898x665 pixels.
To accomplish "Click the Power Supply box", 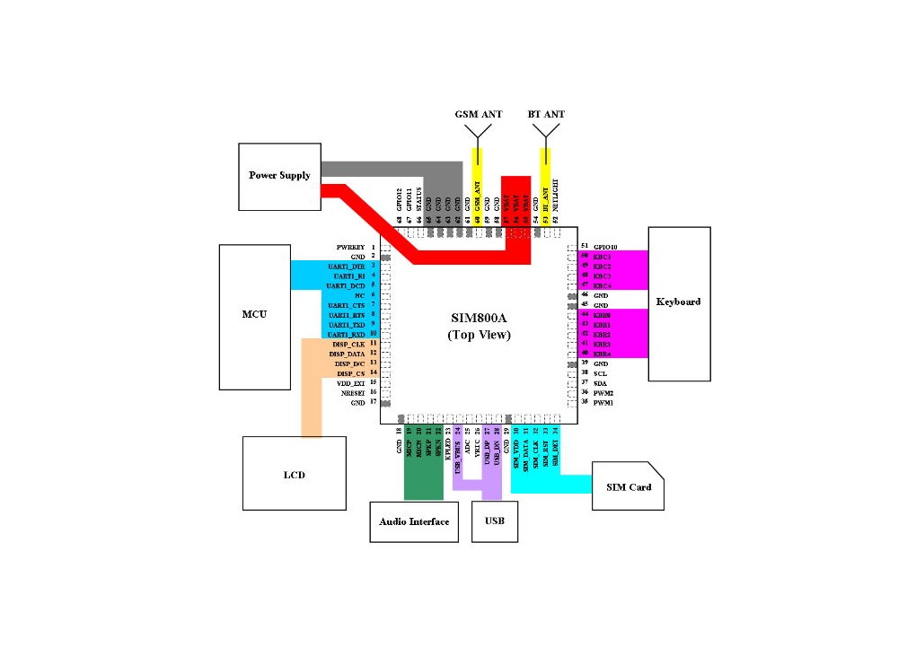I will click(x=279, y=176).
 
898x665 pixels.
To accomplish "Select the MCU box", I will click(x=255, y=316).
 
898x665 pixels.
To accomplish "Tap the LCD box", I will click(x=294, y=473).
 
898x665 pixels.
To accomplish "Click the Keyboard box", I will click(x=679, y=302).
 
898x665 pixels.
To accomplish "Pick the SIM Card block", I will click(x=628, y=486).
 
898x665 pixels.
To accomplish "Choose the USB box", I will click(x=494, y=521).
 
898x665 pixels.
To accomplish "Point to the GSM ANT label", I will click(x=478, y=114).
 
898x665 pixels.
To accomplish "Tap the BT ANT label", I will click(x=546, y=114).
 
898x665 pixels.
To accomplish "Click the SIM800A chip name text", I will click(x=480, y=318).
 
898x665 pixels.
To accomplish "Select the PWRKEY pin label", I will click(x=350, y=246).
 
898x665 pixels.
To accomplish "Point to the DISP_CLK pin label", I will click(x=347, y=344).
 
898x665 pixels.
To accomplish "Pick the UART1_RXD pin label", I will click(x=347, y=334).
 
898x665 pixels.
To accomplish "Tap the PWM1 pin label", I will click(x=603, y=403).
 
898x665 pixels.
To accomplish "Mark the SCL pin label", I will click(x=600, y=373).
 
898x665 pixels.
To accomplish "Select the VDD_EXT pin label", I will click(x=348, y=383).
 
